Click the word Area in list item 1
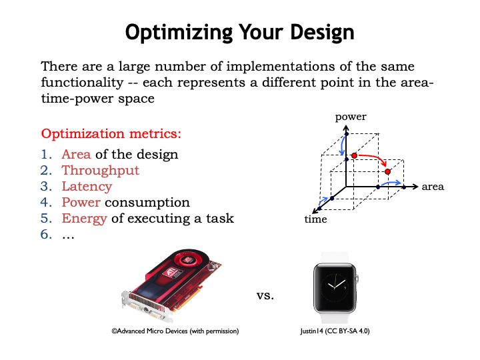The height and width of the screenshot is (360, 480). tap(76, 155)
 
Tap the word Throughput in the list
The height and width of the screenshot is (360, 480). tap(101, 171)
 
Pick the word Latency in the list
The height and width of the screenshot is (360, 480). tap(87, 187)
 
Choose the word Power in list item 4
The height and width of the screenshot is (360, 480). tap(81, 203)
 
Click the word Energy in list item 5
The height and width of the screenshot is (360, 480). tap(84, 219)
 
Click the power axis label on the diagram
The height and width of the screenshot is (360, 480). tap(351, 117)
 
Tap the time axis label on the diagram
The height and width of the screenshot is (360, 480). tap(315, 219)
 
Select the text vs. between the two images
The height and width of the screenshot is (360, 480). tap(265, 294)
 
